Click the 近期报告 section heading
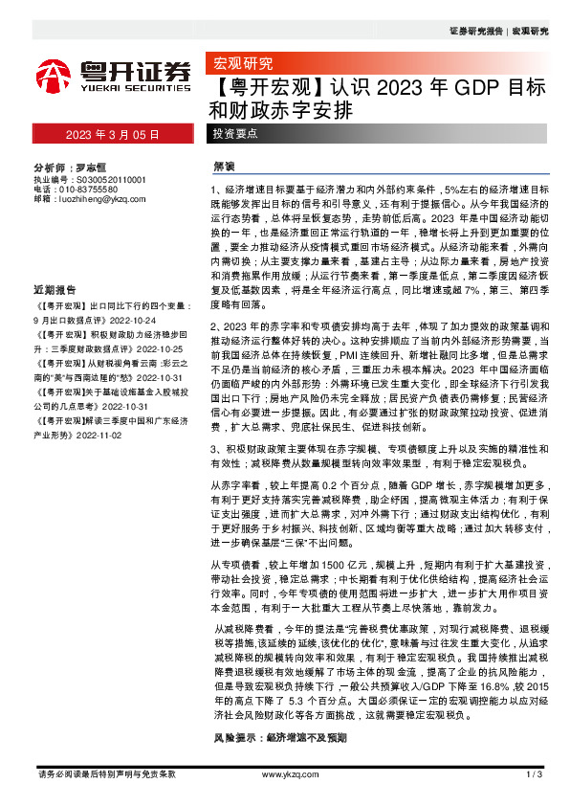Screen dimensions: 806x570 [55, 262]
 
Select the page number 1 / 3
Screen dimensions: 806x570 [533, 773]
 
